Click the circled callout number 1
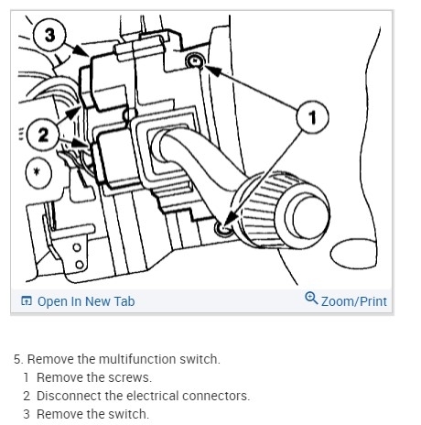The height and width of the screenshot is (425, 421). [x=313, y=117]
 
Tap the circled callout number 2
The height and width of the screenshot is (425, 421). [x=43, y=135]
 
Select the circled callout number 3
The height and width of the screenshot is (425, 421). [x=49, y=35]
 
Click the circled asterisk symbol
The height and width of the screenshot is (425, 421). [x=38, y=172]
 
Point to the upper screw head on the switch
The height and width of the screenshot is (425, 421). [x=195, y=60]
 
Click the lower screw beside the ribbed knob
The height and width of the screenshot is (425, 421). [x=223, y=229]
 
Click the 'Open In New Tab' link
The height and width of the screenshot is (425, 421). [x=86, y=301]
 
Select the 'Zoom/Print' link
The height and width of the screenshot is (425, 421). [x=354, y=301]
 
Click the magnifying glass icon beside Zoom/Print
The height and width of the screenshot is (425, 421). [x=311, y=298]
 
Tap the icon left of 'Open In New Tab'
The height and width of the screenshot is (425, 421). [x=27, y=300]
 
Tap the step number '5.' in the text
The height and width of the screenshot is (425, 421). [x=18, y=359]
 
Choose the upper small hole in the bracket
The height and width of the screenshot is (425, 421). [x=77, y=247]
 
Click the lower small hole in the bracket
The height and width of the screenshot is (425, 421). [x=80, y=264]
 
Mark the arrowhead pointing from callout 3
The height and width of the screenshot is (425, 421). [x=82, y=51]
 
